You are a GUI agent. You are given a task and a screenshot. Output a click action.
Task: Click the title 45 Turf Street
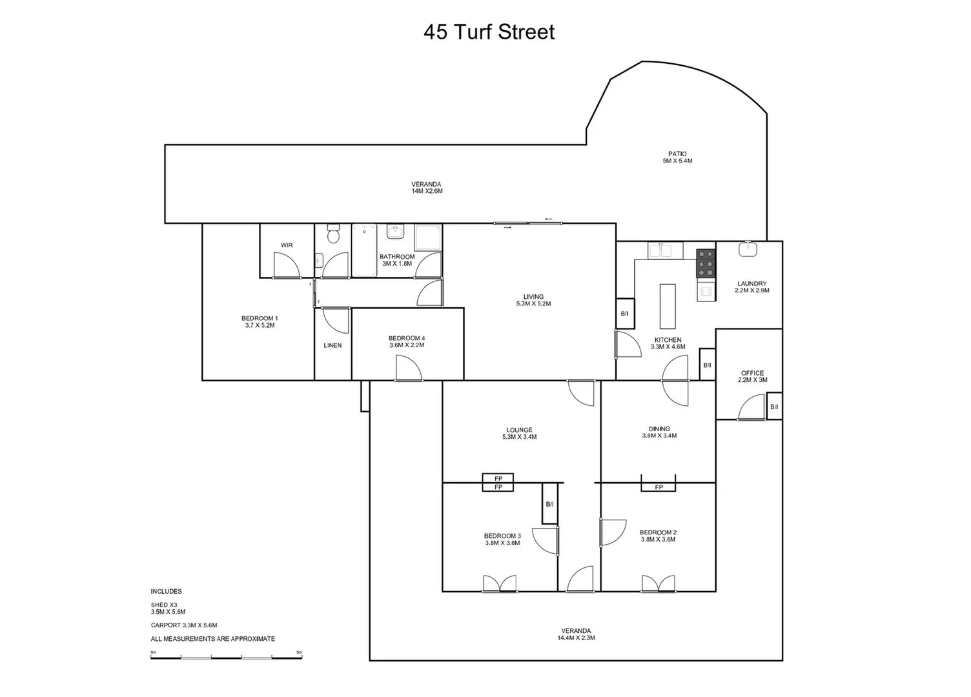(x=489, y=32)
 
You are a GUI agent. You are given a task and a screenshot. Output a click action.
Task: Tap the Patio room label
(x=677, y=154)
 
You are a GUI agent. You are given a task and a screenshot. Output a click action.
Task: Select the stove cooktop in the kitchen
(x=706, y=263)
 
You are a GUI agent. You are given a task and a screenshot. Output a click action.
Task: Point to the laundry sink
(x=749, y=248)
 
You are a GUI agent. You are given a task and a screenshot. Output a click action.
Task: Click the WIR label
(x=287, y=245)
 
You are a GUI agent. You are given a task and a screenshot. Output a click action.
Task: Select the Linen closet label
(x=332, y=345)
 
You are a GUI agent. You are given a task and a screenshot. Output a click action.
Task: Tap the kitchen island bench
(x=668, y=306)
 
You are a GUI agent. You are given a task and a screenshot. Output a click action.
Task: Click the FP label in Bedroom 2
(x=659, y=487)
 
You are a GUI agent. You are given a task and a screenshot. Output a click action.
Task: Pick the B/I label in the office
(x=774, y=407)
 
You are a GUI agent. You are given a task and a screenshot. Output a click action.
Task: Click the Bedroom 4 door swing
(x=409, y=369)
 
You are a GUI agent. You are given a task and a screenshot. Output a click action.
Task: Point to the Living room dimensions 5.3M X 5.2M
(x=533, y=304)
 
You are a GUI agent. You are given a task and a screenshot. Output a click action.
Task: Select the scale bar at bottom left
(x=226, y=657)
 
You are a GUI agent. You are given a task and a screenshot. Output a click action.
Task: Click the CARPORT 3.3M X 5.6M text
(x=184, y=625)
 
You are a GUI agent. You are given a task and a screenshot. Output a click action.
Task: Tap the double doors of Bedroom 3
(x=500, y=583)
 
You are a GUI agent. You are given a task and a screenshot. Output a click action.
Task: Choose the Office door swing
(x=751, y=407)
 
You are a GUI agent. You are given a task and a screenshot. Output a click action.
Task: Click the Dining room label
(x=659, y=429)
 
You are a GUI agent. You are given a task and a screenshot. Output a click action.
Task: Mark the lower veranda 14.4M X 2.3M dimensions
(x=576, y=638)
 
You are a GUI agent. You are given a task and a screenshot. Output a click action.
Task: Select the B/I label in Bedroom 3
(x=549, y=503)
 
